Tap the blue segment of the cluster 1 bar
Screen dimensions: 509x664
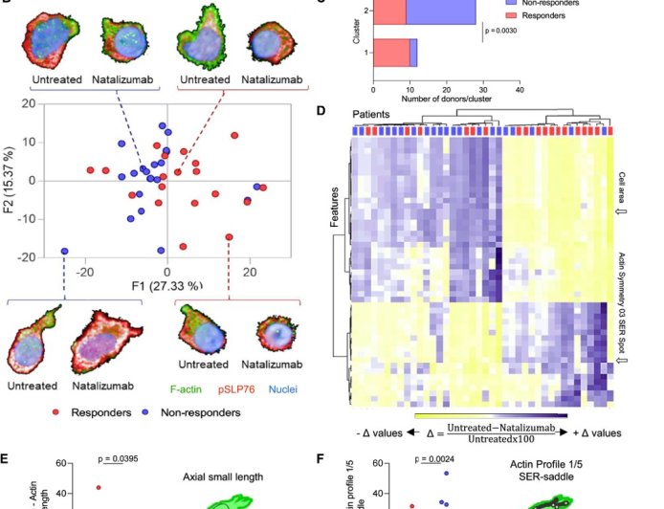click(x=413, y=54)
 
